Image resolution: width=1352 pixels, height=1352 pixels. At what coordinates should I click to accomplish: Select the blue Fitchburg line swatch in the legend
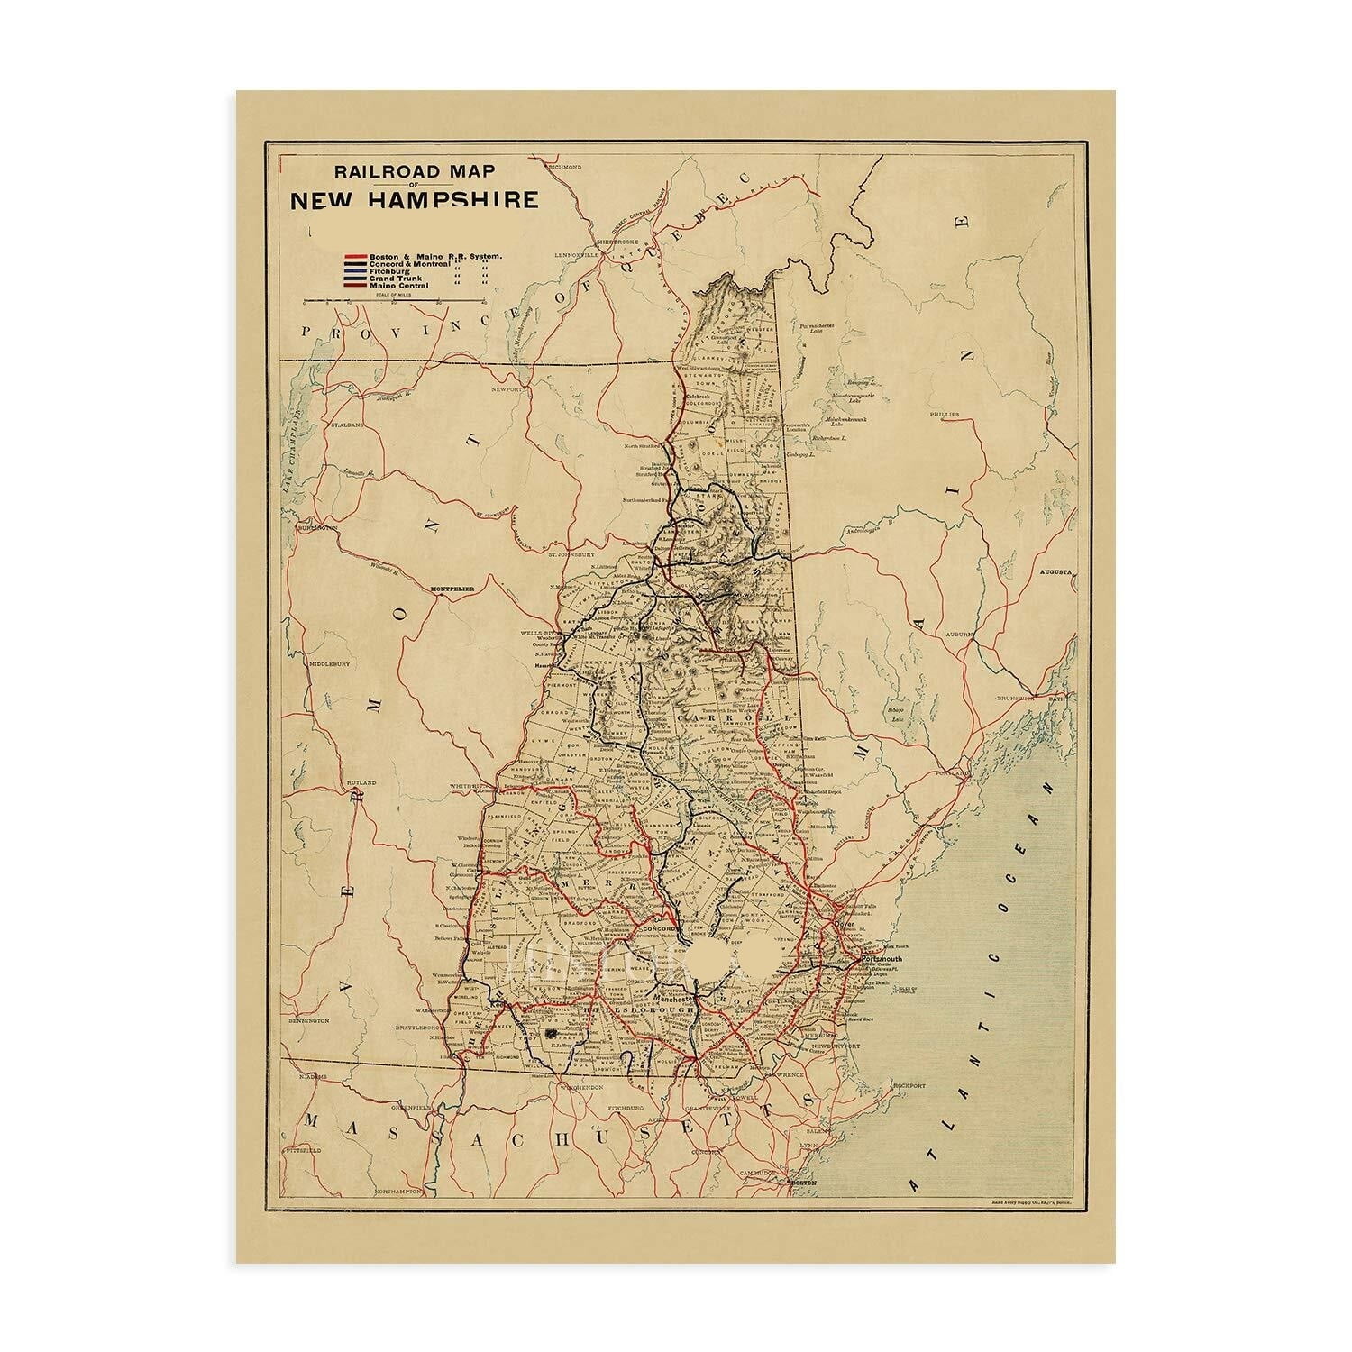354,271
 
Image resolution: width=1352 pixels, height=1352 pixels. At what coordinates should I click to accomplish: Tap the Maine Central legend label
398,286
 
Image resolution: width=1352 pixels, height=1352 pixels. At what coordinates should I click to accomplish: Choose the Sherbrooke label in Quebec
616,242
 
